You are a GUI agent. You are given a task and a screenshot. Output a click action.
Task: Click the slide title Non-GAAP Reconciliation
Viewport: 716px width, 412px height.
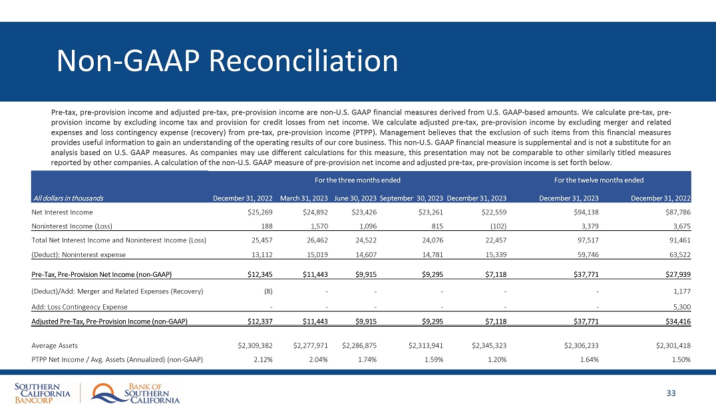click(227, 61)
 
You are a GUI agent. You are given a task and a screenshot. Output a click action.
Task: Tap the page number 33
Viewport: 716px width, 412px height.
click(671, 393)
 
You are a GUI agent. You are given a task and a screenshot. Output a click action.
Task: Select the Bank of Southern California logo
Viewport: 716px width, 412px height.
click(136, 393)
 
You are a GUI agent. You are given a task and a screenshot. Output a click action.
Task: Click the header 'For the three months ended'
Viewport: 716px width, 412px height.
click(357, 180)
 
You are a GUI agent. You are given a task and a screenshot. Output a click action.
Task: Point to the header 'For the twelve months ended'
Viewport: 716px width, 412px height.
click(598, 180)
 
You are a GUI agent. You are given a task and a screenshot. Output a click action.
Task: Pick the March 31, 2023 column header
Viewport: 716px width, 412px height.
click(304, 197)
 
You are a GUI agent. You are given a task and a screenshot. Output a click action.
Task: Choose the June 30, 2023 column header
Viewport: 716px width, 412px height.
click(355, 197)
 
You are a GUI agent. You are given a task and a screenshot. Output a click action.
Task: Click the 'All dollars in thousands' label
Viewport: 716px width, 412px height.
click(67, 197)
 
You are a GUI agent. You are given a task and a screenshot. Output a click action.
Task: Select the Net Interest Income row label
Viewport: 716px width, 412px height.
click(62, 212)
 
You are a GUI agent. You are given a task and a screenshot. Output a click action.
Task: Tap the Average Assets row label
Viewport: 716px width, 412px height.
click(55, 345)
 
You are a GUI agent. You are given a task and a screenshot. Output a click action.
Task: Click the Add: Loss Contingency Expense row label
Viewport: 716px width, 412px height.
click(79, 307)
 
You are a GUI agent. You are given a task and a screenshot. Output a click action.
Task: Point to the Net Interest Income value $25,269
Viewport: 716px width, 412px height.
click(258, 212)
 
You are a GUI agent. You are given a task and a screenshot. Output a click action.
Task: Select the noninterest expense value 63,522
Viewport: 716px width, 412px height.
click(679, 254)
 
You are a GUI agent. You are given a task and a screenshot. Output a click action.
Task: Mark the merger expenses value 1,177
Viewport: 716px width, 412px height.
click(681, 290)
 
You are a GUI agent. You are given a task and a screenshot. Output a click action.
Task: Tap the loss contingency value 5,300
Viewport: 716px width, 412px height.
click(681, 307)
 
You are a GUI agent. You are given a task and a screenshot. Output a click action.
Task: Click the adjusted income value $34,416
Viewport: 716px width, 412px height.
click(676, 322)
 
